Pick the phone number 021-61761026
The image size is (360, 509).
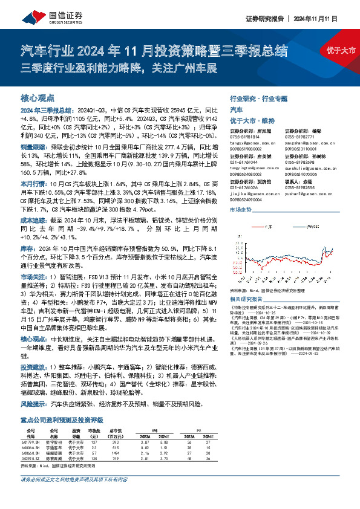[x=244, y=188]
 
